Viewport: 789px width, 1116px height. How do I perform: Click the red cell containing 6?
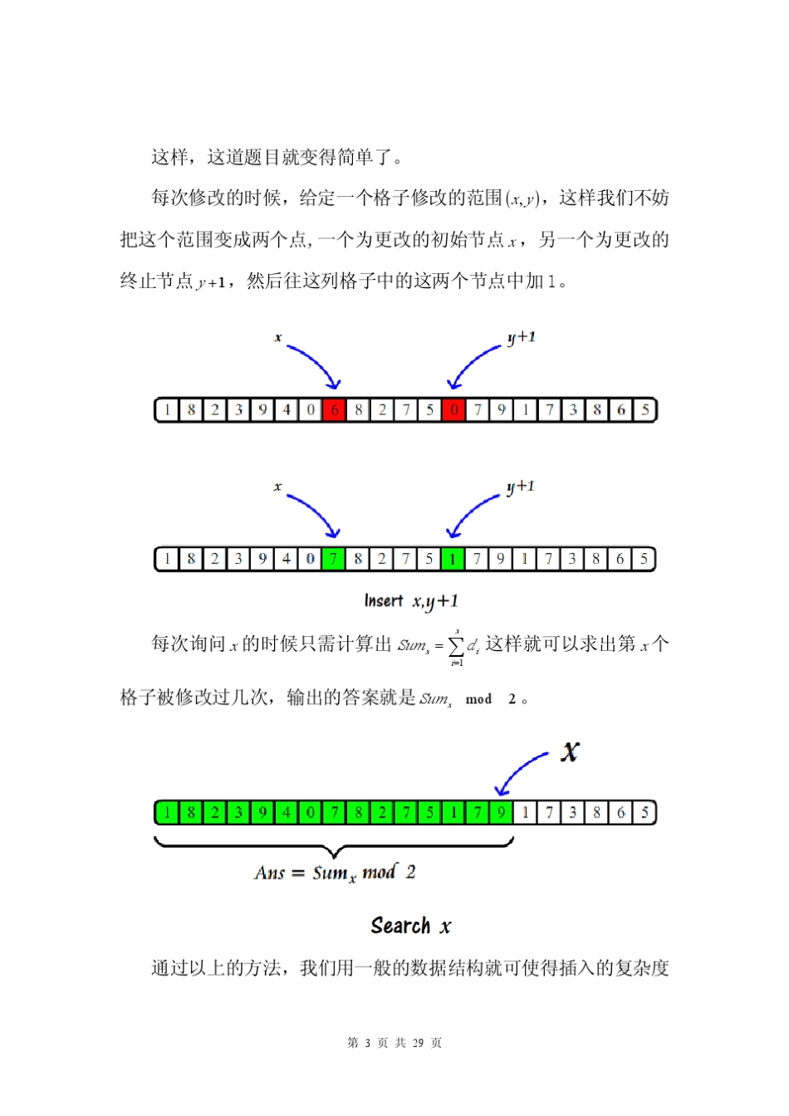334,410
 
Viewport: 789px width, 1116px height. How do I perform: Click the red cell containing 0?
453,410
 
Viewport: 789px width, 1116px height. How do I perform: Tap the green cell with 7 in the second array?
334,559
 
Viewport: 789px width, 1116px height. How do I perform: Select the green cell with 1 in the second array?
453,559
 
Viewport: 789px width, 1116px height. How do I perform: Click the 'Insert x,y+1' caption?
411,600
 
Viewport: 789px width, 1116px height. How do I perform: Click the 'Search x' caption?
411,926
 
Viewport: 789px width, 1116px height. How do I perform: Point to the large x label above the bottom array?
570,751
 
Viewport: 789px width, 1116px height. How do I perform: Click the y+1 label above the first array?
522,337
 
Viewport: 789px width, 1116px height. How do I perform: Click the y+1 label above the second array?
521,487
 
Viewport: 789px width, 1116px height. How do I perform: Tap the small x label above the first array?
277,338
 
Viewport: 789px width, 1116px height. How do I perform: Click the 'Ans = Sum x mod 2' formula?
335,873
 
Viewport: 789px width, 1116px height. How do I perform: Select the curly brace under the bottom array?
334,848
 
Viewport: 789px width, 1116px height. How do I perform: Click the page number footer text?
394,1043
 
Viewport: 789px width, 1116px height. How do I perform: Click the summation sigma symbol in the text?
456,645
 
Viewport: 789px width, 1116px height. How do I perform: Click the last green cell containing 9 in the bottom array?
501,812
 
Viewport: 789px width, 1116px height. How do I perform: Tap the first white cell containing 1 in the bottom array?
525,812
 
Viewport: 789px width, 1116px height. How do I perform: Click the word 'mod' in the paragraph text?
478,699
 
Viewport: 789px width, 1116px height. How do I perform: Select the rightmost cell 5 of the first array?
644,410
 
